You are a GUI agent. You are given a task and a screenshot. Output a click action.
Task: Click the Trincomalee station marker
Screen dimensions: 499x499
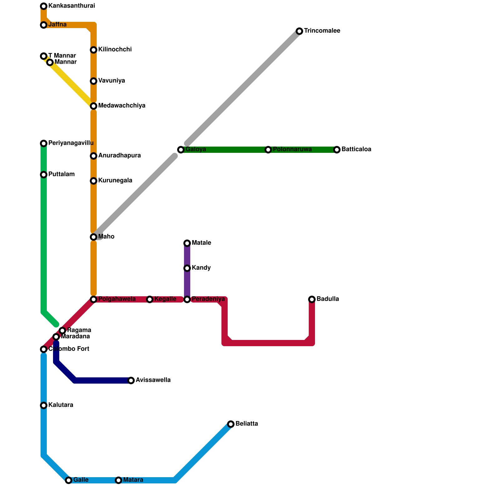[x=299, y=31]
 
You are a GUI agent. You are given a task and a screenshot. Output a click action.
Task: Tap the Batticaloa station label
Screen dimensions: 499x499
[x=356, y=149]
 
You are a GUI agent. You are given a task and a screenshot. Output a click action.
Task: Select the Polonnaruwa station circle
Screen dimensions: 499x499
[x=268, y=150]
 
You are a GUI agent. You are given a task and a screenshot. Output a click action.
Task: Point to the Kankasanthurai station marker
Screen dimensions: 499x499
[x=44, y=6]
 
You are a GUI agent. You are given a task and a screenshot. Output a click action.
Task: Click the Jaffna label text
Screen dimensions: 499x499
[x=57, y=25]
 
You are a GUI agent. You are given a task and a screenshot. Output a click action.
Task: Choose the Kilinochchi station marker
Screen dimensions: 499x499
[x=94, y=50]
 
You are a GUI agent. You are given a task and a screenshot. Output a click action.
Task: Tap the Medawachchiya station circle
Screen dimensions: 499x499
[x=94, y=106]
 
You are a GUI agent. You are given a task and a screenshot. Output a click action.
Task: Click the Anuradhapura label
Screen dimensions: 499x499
[x=119, y=156]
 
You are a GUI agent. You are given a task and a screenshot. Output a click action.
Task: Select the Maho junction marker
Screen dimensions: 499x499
[x=94, y=237]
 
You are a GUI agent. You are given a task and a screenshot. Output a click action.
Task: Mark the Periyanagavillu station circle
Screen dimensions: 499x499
[x=44, y=143]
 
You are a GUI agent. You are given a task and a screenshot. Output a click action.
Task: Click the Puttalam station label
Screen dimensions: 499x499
[x=61, y=174]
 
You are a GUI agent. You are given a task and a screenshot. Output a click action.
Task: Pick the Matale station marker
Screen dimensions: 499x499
[x=187, y=243]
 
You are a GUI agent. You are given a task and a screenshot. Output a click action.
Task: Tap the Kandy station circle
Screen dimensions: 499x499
[x=187, y=268]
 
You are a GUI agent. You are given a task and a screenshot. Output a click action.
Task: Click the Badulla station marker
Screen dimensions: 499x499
[x=312, y=299]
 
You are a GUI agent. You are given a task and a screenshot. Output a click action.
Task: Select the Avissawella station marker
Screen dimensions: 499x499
[x=131, y=380]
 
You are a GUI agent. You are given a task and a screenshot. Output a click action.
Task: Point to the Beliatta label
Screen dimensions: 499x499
[x=247, y=424]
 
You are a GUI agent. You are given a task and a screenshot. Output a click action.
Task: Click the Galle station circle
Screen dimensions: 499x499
[x=69, y=480]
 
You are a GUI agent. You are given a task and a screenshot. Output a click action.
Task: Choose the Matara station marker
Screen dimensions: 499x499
[x=119, y=480]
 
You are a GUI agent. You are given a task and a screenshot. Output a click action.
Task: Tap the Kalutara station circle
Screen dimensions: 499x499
[x=44, y=405]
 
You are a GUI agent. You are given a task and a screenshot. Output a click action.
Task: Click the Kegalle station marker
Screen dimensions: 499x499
[x=150, y=299]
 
